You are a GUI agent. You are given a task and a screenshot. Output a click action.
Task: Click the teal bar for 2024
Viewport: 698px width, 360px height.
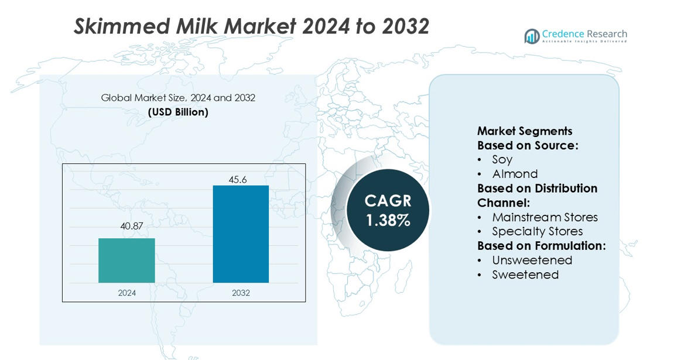point(126,260)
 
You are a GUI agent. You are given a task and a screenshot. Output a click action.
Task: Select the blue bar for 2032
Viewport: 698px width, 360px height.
point(241,234)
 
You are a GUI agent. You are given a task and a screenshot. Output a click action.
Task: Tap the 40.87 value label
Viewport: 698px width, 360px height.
point(132,226)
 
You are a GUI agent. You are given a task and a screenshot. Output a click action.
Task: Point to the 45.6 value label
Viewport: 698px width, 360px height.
point(238,180)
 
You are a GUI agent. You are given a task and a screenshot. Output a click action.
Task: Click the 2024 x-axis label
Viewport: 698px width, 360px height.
point(127,293)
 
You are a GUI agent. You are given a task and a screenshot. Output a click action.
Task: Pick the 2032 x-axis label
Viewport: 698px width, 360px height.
point(241,293)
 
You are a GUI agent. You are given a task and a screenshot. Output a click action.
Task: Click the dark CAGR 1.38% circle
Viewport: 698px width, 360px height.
point(387,210)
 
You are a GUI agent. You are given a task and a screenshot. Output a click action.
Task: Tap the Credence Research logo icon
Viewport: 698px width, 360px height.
point(532,36)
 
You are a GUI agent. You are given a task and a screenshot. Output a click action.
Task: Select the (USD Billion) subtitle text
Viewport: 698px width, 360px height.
point(178,112)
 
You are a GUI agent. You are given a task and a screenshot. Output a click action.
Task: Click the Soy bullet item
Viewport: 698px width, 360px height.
point(502,159)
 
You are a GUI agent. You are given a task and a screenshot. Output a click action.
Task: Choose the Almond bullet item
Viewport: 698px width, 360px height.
point(515,173)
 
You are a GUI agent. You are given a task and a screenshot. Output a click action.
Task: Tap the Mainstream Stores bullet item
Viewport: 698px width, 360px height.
point(545,217)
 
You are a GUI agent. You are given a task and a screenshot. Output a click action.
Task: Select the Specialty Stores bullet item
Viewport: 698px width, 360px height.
point(538,231)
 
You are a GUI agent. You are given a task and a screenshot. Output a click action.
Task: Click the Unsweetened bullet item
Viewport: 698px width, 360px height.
point(532,260)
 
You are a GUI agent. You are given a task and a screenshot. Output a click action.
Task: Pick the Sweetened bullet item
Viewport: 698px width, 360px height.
point(525,275)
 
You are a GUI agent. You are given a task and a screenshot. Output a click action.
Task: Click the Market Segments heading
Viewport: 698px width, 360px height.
point(525,131)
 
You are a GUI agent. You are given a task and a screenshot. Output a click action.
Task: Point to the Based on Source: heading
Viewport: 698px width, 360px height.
point(528,146)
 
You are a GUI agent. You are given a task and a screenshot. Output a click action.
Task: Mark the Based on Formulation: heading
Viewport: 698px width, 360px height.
point(541,246)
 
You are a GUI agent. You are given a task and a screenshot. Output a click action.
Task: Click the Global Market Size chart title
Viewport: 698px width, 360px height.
point(178,97)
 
